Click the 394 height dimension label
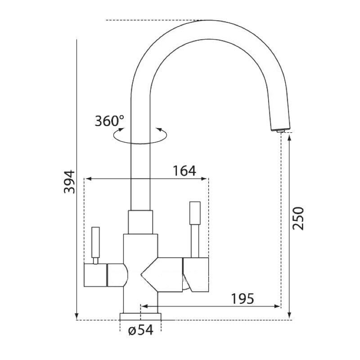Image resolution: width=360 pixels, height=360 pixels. point(69,182)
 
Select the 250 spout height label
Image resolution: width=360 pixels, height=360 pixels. point(298,218)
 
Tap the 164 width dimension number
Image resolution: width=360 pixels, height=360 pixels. point(184,171)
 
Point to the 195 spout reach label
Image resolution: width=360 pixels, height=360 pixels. point(243,299)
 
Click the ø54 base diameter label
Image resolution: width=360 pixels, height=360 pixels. point(141,330)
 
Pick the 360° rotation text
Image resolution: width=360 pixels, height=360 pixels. point(109,121)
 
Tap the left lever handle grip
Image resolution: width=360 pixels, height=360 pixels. point(95,242)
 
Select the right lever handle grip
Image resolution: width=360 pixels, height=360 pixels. point(195,213)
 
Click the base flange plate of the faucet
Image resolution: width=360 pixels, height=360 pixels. point(140,316)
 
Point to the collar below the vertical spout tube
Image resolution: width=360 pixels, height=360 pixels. point(140,222)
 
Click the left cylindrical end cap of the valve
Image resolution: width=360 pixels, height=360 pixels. point(95,275)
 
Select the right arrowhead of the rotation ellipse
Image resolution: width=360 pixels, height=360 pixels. point(159,130)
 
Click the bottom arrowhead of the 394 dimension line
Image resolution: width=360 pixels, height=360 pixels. point(77,316)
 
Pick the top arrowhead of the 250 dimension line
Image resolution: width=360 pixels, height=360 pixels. point(289,138)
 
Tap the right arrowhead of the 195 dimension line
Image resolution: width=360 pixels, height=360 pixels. point(277,306)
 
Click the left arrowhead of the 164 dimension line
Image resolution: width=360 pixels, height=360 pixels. point(88,179)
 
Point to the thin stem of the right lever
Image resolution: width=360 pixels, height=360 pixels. point(195,241)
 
